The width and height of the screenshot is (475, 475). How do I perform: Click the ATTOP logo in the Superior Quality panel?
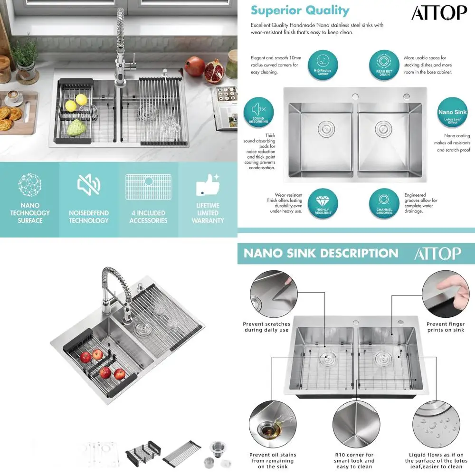click(x=439, y=13)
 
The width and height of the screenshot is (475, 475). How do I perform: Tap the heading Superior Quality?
click(x=300, y=10)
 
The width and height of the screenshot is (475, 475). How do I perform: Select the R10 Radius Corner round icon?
click(x=323, y=66)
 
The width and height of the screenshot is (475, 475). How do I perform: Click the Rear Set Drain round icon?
click(x=384, y=66)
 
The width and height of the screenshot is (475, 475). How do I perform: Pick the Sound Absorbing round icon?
click(x=258, y=113)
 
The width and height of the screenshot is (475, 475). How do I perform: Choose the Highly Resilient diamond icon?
click(x=323, y=204)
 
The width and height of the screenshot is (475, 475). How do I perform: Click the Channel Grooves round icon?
click(x=384, y=204)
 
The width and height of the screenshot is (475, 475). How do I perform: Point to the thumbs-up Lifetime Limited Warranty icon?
click(x=208, y=185)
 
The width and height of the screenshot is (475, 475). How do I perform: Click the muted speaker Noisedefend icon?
click(x=89, y=185)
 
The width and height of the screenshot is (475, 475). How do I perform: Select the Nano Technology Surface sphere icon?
click(x=30, y=185)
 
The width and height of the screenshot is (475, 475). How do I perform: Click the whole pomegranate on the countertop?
click(x=194, y=66)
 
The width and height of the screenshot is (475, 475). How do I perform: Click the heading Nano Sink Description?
click(x=321, y=253)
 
